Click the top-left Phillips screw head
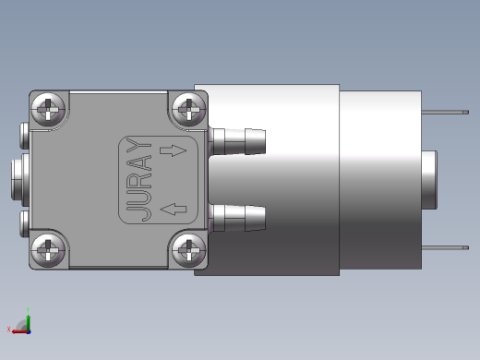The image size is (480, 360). [x=48, y=109]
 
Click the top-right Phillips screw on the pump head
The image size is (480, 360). [x=188, y=109]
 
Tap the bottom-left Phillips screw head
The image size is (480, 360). [x=48, y=250]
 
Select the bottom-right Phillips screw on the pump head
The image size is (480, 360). [x=188, y=250]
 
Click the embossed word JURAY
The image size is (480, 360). [x=139, y=179]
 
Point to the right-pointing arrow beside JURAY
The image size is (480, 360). [x=174, y=150]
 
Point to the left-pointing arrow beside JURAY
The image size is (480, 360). [x=174, y=210]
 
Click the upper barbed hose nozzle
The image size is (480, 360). [x=237, y=141]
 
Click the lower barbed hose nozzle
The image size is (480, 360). [x=237, y=218]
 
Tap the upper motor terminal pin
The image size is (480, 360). [x=445, y=113]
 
